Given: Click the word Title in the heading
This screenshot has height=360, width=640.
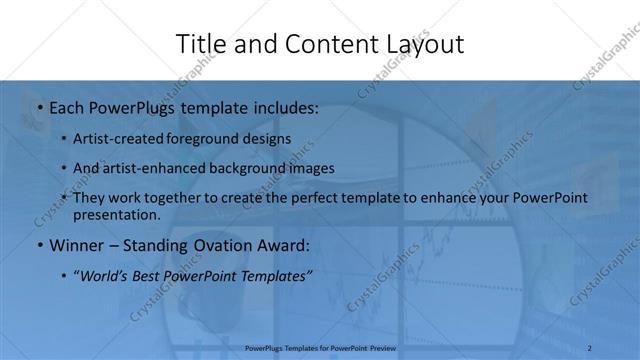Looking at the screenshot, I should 200,44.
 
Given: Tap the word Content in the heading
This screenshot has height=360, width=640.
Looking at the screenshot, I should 319,44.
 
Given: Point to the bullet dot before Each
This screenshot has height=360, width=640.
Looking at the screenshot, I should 39,108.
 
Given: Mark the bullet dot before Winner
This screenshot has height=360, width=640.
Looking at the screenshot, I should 39,244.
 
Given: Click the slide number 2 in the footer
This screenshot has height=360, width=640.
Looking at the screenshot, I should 590,348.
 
